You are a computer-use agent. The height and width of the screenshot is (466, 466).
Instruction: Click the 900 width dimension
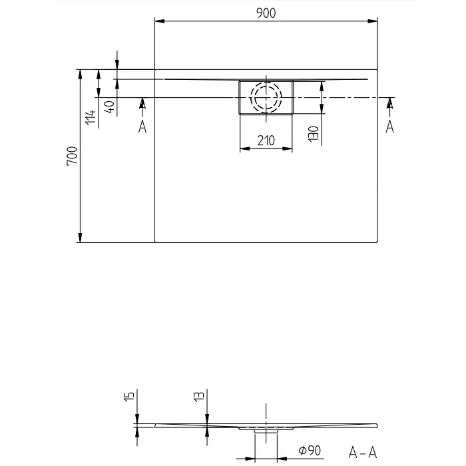[266, 13]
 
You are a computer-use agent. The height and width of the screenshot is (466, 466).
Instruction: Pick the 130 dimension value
[313, 133]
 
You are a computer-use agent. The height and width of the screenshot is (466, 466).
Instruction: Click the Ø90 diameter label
[310, 451]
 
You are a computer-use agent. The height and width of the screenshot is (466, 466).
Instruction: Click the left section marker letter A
[142, 125]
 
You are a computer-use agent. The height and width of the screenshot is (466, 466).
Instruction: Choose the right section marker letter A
[390, 125]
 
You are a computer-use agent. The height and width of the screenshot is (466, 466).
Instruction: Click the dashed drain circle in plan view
[266, 97]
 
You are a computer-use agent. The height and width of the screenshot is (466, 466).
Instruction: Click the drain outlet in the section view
[266, 431]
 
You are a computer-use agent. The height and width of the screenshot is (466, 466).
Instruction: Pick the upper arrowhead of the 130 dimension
[322, 83]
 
